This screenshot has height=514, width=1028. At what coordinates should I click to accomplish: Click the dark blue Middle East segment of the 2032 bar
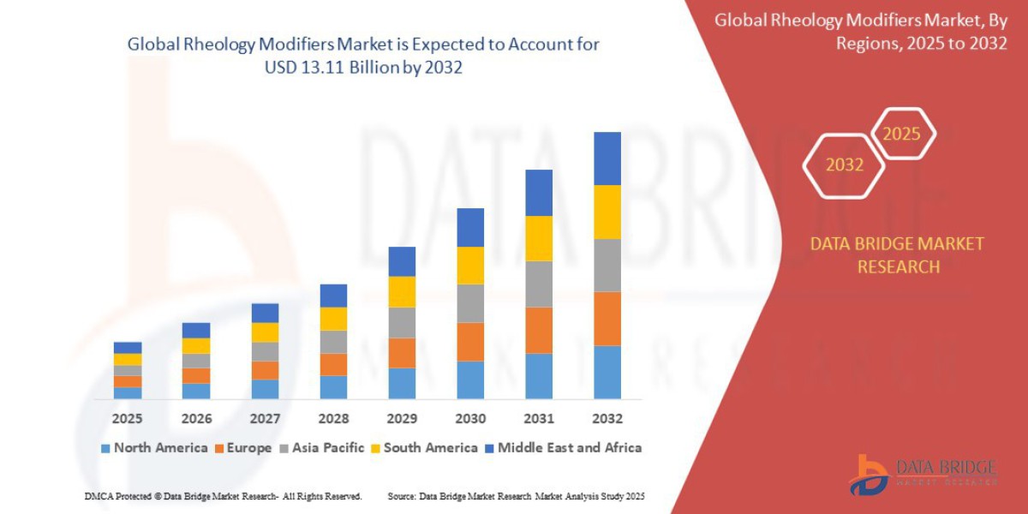(x=607, y=158)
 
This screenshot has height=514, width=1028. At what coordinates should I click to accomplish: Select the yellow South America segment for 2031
(x=538, y=238)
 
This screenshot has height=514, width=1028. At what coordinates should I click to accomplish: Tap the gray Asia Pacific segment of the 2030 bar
(x=470, y=303)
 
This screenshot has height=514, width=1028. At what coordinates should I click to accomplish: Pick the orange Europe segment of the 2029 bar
(x=402, y=353)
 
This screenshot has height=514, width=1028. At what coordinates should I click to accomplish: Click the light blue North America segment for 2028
(x=333, y=387)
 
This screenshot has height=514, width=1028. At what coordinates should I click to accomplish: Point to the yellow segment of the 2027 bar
(x=265, y=332)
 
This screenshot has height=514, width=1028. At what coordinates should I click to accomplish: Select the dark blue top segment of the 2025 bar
(x=128, y=348)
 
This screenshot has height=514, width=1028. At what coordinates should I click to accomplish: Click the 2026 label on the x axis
(x=196, y=419)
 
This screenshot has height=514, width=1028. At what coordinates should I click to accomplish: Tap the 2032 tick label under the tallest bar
(x=607, y=419)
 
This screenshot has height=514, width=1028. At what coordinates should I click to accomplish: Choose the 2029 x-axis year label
(x=402, y=419)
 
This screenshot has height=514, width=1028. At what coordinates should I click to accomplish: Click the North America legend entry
(x=154, y=447)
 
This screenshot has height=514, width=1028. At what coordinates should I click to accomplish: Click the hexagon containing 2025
(x=902, y=134)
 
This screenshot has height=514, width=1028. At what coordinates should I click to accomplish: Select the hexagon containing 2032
(x=844, y=164)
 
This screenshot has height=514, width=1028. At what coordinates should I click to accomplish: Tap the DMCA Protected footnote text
(x=223, y=496)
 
